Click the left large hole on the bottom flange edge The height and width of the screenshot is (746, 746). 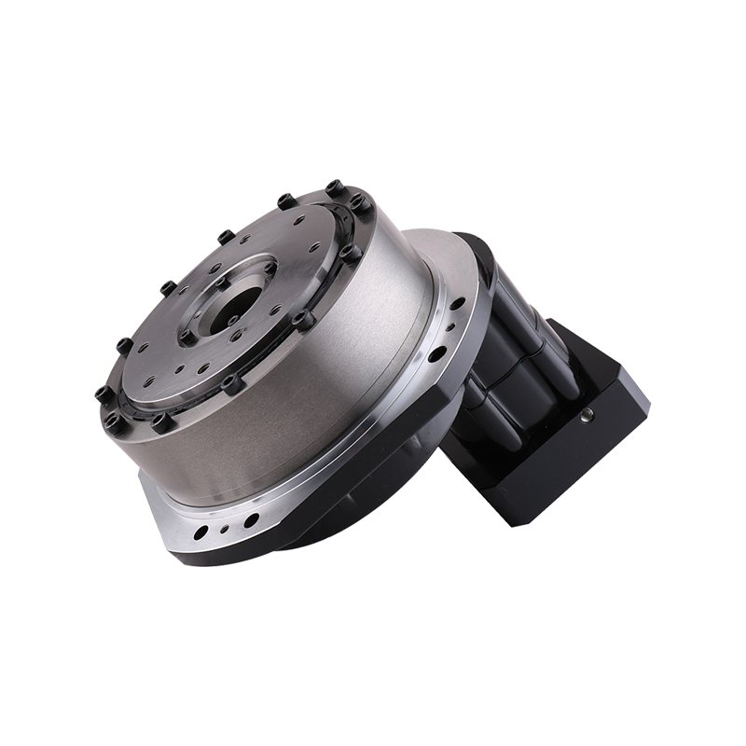200,534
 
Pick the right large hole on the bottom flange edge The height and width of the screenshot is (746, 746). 252,519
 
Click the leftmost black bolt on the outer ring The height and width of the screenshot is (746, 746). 103,394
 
